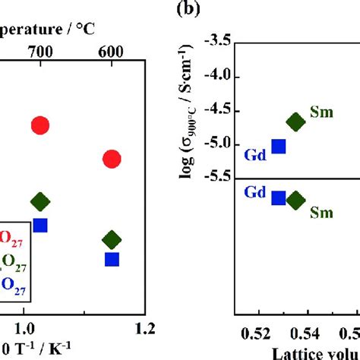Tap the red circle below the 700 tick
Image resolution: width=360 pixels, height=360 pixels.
click(x=40, y=125)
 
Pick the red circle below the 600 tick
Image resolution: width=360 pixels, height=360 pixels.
click(x=112, y=159)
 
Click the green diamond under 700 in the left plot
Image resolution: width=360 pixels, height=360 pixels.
click(x=40, y=201)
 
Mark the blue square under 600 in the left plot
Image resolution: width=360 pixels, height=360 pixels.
click(x=112, y=259)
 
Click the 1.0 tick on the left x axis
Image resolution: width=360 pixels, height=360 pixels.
click(x=25, y=327)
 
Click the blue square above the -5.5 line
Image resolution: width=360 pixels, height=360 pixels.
click(x=279, y=147)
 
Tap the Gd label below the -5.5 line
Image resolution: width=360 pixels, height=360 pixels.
click(x=254, y=193)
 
